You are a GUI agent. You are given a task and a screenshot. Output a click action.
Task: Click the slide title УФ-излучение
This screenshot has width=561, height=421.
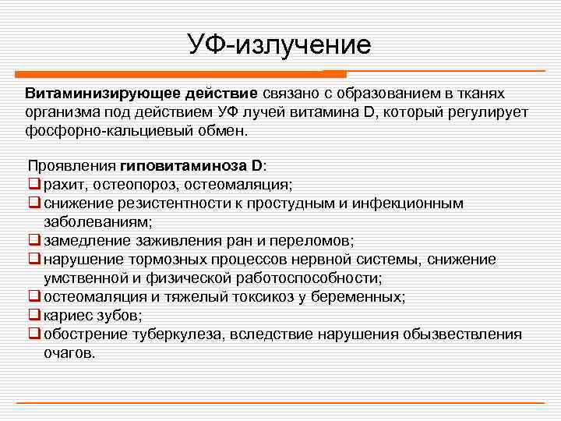tap(280, 44)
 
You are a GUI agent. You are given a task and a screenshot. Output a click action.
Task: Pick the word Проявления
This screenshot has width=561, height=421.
tap(72, 167)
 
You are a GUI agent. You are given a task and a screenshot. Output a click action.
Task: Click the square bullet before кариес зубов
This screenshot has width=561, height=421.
tap(34, 316)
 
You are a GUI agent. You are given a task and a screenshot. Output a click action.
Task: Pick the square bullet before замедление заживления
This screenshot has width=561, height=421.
tap(34, 241)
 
